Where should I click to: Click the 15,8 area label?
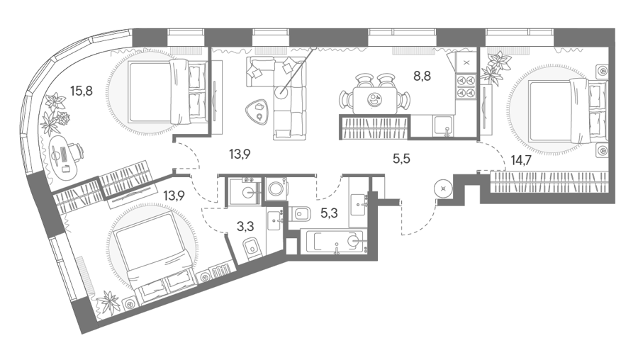(82, 91)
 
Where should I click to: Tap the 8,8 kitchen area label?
(422, 76)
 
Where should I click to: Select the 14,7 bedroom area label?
(521, 161)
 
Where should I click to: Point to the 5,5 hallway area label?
(401, 159)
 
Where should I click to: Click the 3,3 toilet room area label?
(245, 226)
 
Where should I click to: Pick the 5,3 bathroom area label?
(329, 213)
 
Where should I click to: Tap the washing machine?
(276, 189)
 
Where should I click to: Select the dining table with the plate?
(375, 100)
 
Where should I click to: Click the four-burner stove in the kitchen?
(466, 86)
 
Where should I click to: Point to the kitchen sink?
(444, 125)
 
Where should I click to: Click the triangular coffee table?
(257, 111)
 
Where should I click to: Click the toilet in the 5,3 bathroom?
(300, 213)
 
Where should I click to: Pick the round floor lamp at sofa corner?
(281, 92)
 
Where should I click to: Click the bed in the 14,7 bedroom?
(569, 111)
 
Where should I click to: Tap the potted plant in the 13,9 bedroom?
(108, 302)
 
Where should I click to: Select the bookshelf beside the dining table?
(374, 128)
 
